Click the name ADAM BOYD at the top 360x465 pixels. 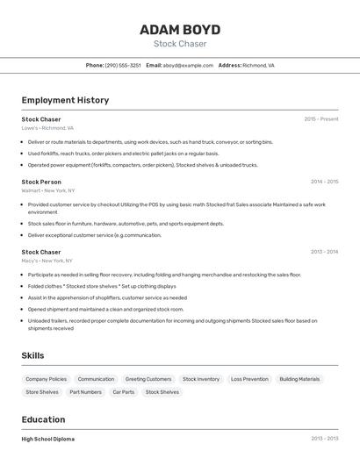point(180,30)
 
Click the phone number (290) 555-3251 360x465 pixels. point(123,65)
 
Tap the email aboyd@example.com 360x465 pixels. point(188,65)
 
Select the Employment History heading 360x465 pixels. point(65,100)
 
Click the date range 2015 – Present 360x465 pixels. point(320,118)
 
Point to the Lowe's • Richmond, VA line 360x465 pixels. point(47,127)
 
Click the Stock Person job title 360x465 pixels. point(41,182)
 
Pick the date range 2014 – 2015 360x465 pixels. point(324,182)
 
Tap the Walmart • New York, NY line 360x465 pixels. point(48,190)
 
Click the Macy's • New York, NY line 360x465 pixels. point(47,261)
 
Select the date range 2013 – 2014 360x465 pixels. point(324,252)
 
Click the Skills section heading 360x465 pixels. point(33,355)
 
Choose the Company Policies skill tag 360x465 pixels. point(45,379)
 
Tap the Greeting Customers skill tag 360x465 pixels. point(148,379)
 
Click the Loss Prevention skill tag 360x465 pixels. point(249,379)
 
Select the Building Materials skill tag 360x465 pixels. point(299,379)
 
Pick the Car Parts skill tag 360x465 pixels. point(123,392)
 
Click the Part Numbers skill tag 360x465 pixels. point(85,392)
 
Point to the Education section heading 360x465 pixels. point(43,419)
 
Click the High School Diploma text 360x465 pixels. point(48,439)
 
